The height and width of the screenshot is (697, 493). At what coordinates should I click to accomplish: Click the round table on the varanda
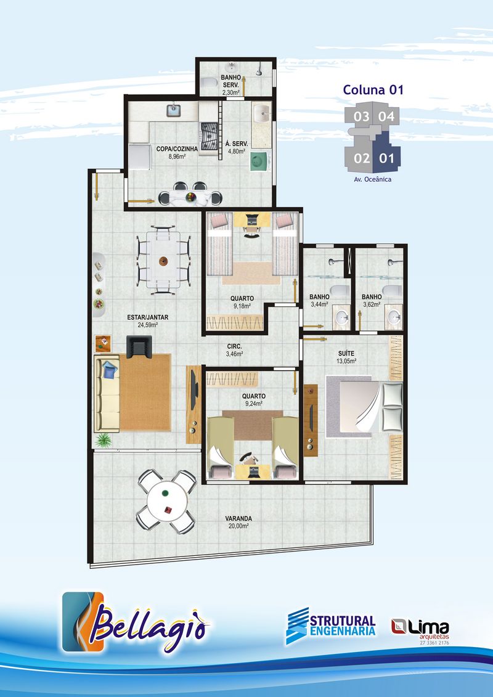coord(167,502)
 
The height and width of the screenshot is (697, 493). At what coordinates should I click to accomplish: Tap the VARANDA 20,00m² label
coord(238,522)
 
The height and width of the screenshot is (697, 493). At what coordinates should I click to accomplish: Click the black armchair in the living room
coord(139,346)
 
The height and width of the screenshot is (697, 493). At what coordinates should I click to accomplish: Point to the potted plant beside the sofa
coord(104,440)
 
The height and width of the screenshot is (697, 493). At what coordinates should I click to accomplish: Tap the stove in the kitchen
coord(209,137)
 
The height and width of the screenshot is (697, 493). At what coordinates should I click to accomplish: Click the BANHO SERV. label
coord(231,81)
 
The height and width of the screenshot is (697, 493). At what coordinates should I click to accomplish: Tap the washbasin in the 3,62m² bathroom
coord(394,317)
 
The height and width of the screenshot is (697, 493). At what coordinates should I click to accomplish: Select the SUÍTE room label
coord(346,357)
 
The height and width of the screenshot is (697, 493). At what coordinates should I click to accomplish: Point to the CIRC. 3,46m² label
coord(234,350)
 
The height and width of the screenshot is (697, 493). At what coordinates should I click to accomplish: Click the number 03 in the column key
coord(361,116)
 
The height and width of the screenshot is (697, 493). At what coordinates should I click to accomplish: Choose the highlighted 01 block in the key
coord(386,153)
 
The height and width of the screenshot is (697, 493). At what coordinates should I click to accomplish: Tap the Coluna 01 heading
coord(373,90)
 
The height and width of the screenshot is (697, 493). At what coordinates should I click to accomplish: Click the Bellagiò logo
coord(136,622)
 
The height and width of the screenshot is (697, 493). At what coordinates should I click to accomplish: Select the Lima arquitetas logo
coord(420,630)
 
